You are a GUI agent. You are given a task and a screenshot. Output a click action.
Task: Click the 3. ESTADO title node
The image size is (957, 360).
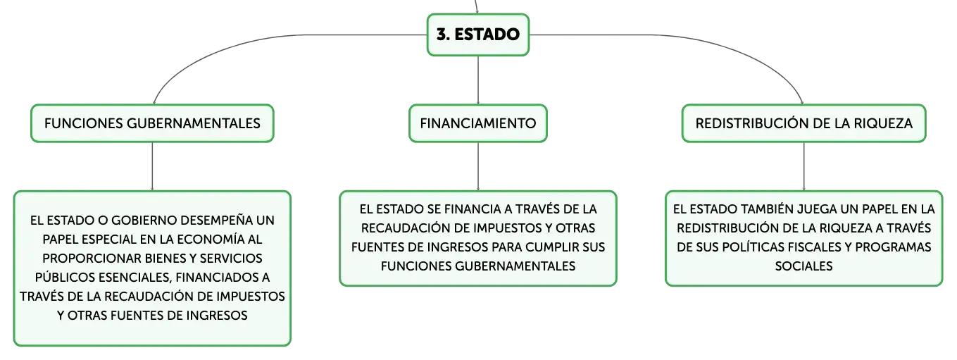pos(478,35)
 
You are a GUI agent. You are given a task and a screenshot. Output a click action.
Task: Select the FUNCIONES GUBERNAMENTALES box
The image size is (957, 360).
pos(152,123)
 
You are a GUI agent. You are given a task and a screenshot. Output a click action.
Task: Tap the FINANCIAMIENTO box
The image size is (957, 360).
pos(478,123)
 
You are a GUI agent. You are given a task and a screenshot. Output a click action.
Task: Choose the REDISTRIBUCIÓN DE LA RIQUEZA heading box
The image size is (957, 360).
pos(803,123)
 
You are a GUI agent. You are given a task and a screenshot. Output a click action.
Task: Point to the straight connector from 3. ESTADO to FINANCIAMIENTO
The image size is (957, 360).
pos(478,80)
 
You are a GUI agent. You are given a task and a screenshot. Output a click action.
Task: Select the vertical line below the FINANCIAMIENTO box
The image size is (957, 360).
pos(478,166)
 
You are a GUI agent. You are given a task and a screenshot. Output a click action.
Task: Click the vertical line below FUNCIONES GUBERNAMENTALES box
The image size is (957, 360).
pos(152,166)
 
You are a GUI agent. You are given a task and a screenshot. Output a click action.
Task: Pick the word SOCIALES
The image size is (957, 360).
pos(803,266)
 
